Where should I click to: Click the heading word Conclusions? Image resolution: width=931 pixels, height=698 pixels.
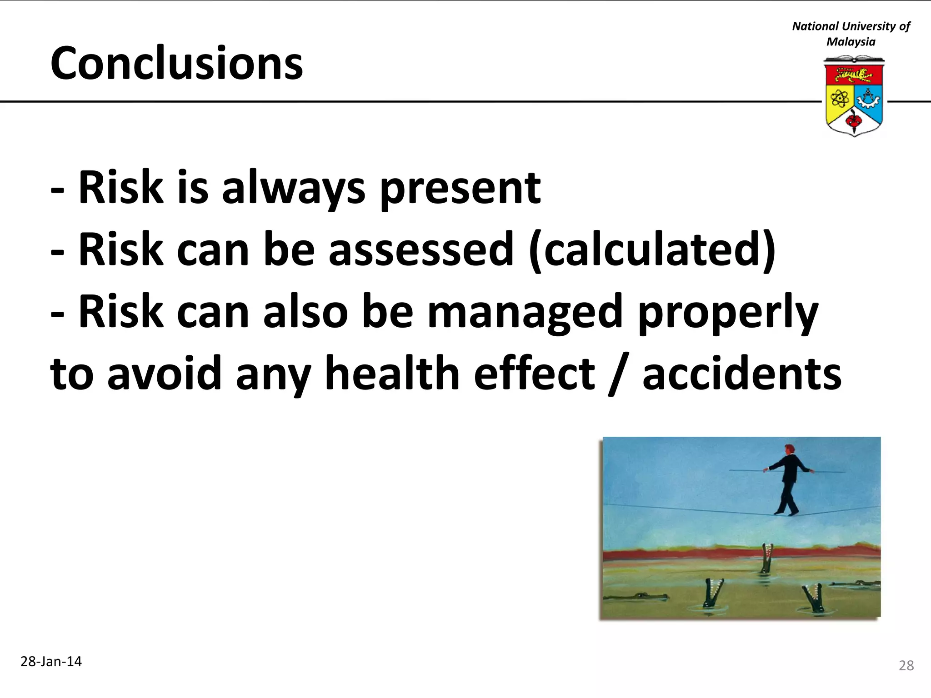point(176,64)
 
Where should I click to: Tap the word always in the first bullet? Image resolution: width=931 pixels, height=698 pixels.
point(293,188)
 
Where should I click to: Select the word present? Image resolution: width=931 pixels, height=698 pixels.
point(460,188)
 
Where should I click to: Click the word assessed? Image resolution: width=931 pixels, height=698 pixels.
point(421,249)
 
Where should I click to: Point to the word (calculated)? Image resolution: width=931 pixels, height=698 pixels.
point(652,249)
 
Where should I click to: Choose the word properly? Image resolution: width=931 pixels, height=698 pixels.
point(728,313)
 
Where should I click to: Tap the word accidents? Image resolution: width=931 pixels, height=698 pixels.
point(741,374)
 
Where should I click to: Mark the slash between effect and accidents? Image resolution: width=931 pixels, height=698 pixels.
point(618,374)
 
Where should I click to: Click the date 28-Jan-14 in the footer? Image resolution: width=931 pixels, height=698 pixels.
point(51,662)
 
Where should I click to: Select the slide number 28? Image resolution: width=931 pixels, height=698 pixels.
point(906,666)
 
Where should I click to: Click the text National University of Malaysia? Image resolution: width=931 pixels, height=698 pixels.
point(851,34)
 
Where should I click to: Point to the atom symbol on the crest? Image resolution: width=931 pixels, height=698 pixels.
point(840,98)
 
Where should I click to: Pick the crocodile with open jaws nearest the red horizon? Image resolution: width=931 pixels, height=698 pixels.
point(767,558)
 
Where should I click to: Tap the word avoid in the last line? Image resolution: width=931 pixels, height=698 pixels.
point(164,374)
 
